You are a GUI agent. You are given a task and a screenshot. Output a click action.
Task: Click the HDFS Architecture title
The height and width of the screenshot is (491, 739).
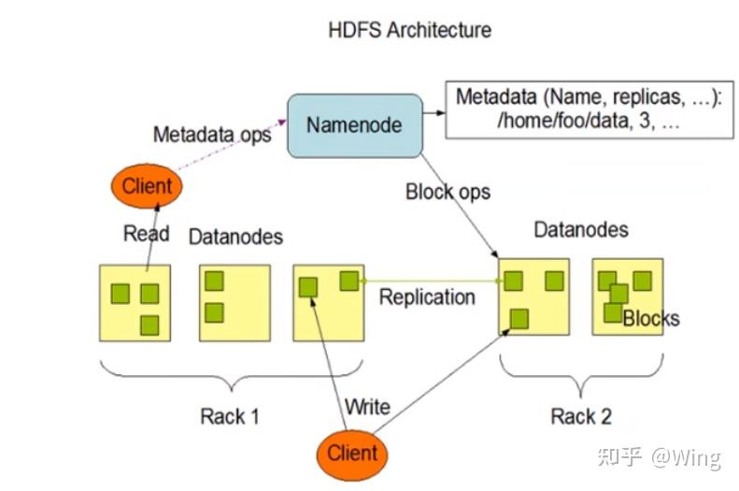[409, 29]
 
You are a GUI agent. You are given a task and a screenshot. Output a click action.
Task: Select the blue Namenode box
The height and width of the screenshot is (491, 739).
[354, 124]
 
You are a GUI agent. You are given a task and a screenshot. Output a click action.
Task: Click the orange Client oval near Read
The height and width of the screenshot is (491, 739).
[147, 185]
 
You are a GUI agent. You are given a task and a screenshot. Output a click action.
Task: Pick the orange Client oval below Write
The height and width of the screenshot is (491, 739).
[352, 454]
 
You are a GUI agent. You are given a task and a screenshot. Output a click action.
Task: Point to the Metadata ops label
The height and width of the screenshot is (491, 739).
[212, 134]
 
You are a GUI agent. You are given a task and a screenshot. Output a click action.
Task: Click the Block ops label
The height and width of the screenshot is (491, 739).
[448, 193]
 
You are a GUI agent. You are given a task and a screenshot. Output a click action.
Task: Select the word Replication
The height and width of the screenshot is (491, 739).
[427, 296]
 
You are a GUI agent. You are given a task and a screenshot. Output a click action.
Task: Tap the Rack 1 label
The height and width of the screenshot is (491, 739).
[230, 416]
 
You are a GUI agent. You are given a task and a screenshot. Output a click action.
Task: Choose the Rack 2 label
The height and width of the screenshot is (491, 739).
[581, 416]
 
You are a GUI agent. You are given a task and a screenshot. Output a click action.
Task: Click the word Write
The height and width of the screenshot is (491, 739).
[367, 407]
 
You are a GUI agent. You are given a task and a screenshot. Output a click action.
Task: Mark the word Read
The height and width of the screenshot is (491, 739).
[146, 233]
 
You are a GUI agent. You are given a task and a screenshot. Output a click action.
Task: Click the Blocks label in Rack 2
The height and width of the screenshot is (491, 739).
[651, 319]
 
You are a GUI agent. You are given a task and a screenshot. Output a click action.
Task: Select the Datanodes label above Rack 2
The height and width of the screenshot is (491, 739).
[580, 229]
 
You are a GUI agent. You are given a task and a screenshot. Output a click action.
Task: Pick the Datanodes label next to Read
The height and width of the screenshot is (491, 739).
[235, 237]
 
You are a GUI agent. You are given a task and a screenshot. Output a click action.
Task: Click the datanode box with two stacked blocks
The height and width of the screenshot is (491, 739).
[234, 302]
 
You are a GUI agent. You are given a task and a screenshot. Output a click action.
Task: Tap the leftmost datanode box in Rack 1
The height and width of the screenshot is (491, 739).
[135, 302]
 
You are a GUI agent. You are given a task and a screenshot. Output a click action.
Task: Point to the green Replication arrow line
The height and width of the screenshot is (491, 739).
[430, 280]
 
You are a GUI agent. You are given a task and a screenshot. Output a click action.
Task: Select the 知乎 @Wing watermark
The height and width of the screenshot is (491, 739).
[659, 457]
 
